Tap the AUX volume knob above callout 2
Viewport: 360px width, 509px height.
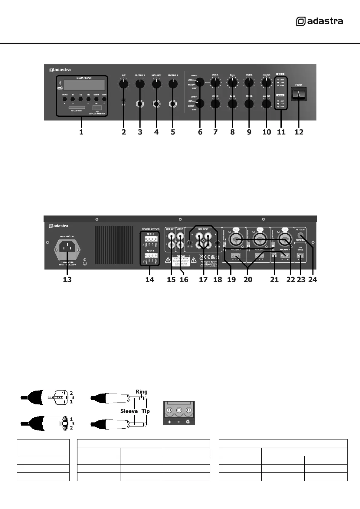(x=123, y=84)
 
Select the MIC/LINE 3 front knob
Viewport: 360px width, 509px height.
(x=173, y=84)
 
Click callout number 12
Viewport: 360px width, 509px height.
(x=299, y=132)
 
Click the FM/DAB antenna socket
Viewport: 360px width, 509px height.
(x=301, y=237)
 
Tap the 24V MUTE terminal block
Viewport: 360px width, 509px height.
(x=300, y=256)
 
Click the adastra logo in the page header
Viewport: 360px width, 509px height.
(x=319, y=21)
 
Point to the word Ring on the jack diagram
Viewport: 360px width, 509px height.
(x=141, y=392)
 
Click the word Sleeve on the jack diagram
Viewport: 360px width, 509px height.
(x=129, y=411)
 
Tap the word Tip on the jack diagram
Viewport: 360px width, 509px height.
(x=146, y=411)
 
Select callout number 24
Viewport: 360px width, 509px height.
(x=313, y=280)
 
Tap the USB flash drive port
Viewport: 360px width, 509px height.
(x=97, y=108)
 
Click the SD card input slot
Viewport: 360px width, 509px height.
(x=77, y=108)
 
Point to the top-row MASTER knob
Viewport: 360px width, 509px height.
(x=267, y=83)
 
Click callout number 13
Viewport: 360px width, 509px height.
(x=67, y=280)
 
